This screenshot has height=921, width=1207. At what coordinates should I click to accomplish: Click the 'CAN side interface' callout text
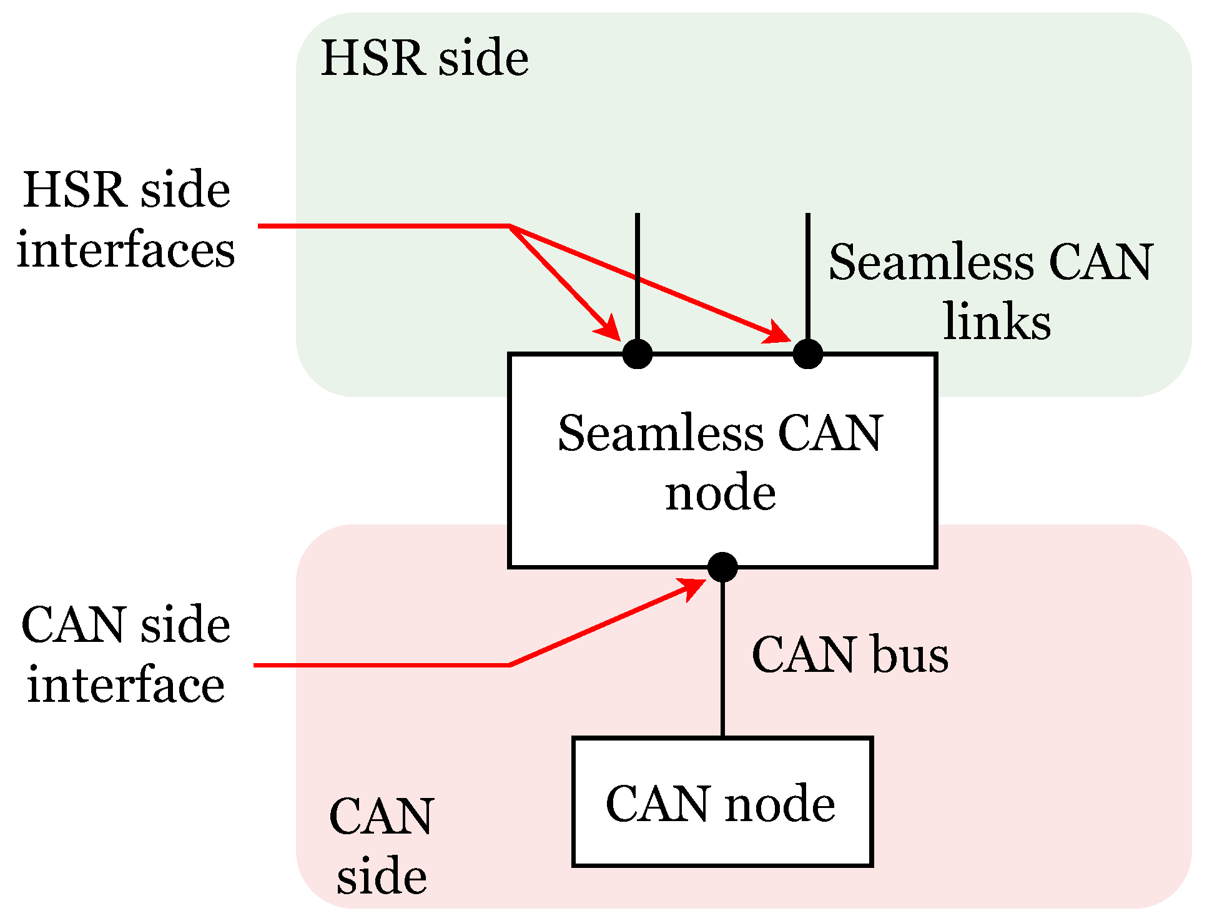126,654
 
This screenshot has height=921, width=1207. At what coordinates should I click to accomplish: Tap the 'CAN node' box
722,802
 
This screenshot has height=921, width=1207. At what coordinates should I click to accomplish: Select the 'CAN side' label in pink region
382,846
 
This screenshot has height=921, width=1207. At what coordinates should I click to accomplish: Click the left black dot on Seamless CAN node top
638,354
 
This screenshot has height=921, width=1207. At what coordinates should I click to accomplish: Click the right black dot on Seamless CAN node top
807,354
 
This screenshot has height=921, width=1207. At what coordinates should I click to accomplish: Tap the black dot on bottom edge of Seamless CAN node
722,567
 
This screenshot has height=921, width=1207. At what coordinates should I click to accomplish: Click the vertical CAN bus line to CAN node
722,656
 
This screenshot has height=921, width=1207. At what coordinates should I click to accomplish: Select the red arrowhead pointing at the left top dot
608,329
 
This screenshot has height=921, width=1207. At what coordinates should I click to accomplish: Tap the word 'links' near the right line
997,322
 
